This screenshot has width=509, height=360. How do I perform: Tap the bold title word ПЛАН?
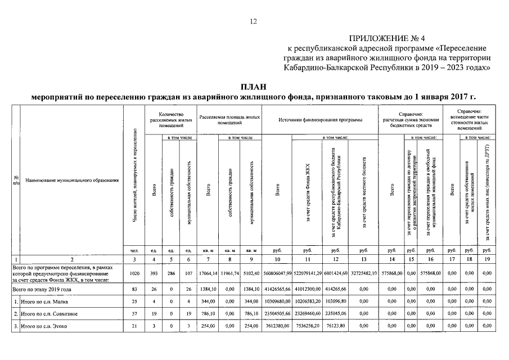pos(254,87)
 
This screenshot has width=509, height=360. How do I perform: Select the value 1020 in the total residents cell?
pos(134,272)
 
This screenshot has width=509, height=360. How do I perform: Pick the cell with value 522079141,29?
pos(307,272)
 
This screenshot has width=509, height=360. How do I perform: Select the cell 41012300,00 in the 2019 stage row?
pos(307,288)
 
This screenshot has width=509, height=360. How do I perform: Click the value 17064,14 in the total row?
pos(208,272)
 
